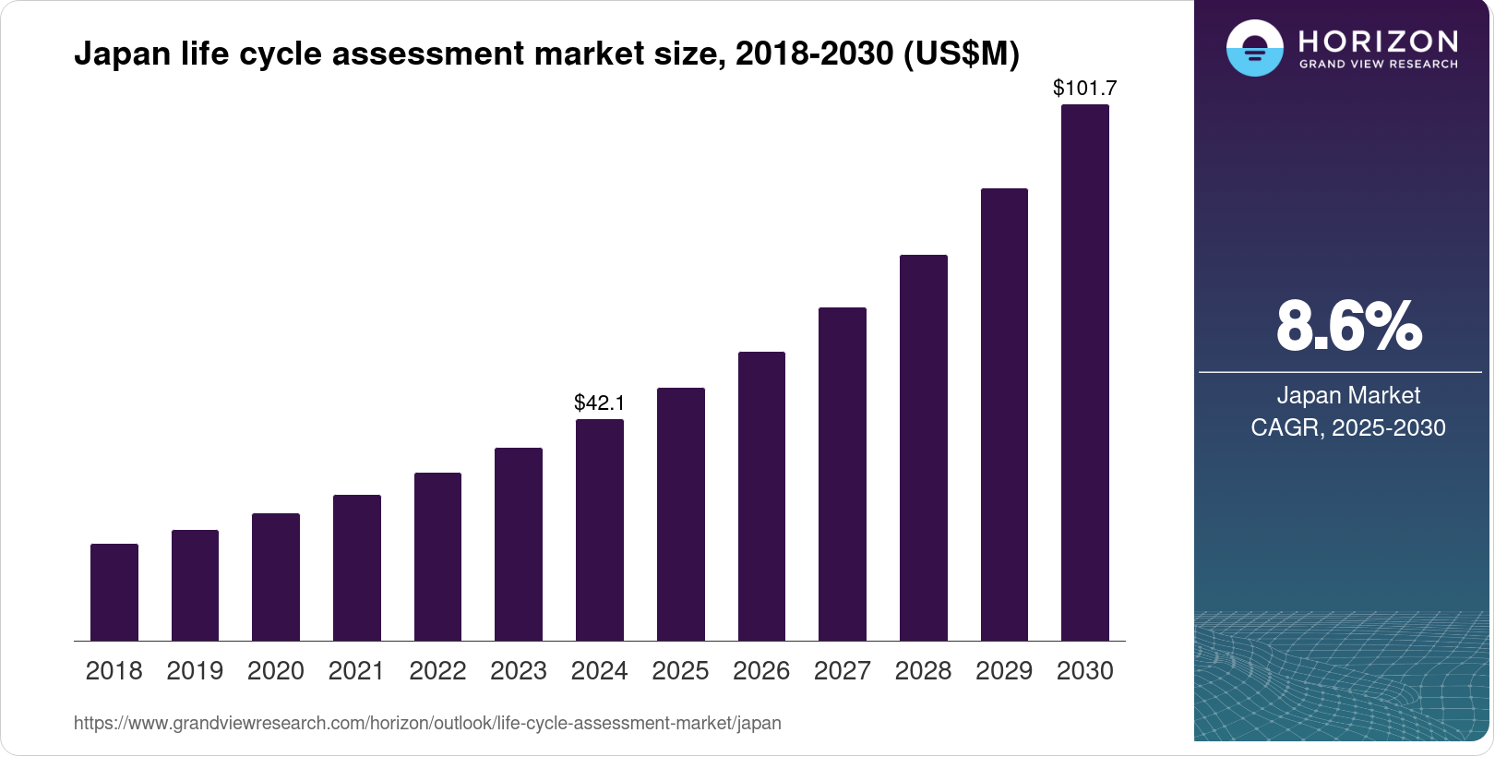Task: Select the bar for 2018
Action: (x=114, y=592)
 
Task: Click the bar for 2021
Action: (x=357, y=568)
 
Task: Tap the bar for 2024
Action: (x=600, y=530)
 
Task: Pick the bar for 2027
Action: (x=842, y=474)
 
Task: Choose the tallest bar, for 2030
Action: (x=1084, y=372)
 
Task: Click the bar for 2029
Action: (x=1004, y=415)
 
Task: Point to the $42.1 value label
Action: (x=600, y=403)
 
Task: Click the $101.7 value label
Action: (x=1084, y=88)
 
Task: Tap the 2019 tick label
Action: (x=195, y=671)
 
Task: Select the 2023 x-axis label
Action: (x=519, y=671)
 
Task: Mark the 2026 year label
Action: (x=761, y=671)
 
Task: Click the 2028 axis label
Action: (x=923, y=671)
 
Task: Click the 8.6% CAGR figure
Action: (x=1348, y=326)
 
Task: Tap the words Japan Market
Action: (x=1348, y=395)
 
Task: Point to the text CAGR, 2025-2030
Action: (x=1348, y=427)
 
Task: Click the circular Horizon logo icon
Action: (x=1254, y=48)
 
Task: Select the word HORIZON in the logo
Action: (x=1378, y=41)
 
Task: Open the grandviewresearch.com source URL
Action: (x=427, y=723)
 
